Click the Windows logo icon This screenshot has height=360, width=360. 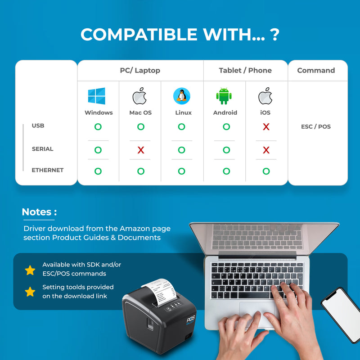click(97, 96)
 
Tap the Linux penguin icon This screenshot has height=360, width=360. click(182, 96)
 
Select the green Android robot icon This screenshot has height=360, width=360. click(224, 96)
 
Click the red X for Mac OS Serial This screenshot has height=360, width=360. click(141, 150)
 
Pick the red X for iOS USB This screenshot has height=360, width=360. click(266, 127)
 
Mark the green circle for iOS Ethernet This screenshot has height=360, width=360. click(266, 171)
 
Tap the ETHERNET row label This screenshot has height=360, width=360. click(48, 170)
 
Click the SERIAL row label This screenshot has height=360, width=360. click(42, 149)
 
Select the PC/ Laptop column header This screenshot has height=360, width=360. click(140, 71)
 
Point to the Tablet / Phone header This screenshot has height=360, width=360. click(245, 70)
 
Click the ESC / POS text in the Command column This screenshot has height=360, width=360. click(316, 127)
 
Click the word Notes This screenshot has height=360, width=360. click(36, 212)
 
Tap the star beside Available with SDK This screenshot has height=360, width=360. click(30, 270)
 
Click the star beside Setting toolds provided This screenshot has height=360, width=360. click(30, 292)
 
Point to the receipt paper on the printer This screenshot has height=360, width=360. click(161, 291)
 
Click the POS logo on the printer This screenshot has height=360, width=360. click(190, 320)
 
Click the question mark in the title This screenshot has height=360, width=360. click(274, 35)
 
